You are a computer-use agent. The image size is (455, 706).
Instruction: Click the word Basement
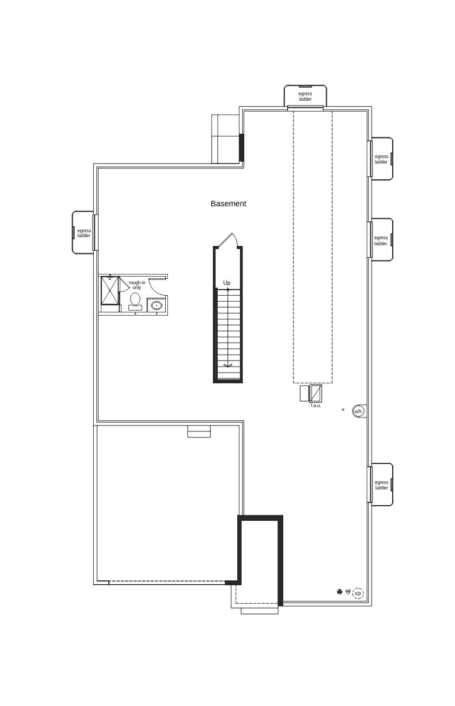click(228, 204)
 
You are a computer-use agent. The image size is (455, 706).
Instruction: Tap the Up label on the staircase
click(227, 283)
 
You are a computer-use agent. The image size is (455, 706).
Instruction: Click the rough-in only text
click(137, 285)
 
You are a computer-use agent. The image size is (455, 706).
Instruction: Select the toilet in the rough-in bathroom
click(135, 302)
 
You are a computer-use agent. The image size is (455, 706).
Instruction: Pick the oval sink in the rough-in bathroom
click(157, 305)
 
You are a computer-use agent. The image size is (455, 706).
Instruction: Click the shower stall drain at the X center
click(110, 291)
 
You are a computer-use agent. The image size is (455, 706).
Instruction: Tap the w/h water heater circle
click(358, 411)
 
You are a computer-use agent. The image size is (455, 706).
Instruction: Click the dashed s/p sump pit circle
click(358, 593)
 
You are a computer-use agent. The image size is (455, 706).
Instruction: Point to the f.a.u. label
click(316, 406)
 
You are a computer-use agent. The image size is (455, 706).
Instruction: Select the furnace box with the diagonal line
click(316, 393)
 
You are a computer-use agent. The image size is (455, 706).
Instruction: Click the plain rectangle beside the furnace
click(304, 394)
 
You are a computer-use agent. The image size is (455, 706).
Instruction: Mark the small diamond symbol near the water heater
click(343, 410)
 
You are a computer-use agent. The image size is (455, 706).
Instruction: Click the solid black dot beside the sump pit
click(340, 592)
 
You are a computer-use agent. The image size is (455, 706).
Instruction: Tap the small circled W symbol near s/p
click(348, 591)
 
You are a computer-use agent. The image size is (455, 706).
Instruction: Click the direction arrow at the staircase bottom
click(228, 365)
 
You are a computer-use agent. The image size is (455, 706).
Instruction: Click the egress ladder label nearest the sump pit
click(381, 485)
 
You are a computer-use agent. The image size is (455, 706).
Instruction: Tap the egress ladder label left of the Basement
click(84, 233)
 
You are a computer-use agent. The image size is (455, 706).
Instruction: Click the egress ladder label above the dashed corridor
click(305, 96)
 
